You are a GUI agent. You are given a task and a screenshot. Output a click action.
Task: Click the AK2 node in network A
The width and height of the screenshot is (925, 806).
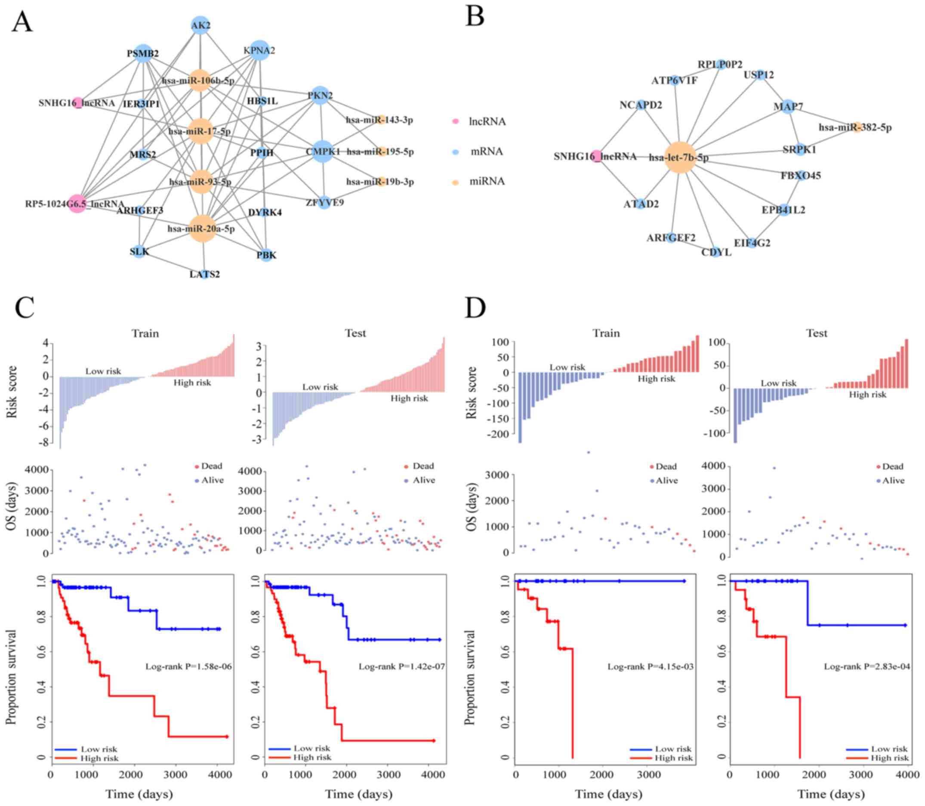200,25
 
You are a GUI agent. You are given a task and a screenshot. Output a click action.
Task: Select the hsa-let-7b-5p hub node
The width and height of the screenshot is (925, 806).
680,157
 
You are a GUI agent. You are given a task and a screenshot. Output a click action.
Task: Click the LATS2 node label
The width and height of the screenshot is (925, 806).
204,274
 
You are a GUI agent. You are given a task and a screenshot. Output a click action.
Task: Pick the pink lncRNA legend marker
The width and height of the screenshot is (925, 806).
456,121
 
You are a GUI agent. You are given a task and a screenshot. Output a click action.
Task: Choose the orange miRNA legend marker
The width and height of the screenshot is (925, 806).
456,182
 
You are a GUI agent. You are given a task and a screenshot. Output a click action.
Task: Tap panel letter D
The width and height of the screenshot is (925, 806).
475,308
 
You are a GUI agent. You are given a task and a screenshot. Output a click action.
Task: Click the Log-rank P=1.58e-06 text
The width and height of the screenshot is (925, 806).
188,666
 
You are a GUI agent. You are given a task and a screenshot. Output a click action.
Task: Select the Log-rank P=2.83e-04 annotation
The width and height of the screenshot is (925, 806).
867,666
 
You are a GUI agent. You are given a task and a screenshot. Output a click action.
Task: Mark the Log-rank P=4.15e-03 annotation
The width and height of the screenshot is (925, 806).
651,666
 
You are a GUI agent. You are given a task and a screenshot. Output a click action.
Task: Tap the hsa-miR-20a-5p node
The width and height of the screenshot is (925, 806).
202,229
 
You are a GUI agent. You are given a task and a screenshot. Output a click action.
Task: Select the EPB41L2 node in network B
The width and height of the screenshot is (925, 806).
784,210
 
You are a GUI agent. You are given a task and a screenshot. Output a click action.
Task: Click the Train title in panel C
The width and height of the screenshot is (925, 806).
145,333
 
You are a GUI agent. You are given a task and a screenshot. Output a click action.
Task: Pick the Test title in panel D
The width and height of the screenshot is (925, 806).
816,333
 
